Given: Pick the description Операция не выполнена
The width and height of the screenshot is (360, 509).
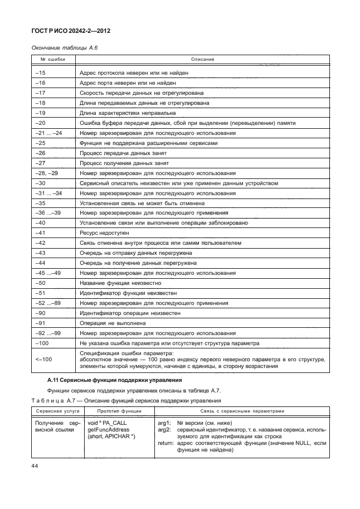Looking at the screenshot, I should click(x=113, y=323).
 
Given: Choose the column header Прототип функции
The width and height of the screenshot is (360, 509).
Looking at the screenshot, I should click(x=119, y=411).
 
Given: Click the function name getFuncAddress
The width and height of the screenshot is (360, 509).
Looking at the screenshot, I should click(x=108, y=430).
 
